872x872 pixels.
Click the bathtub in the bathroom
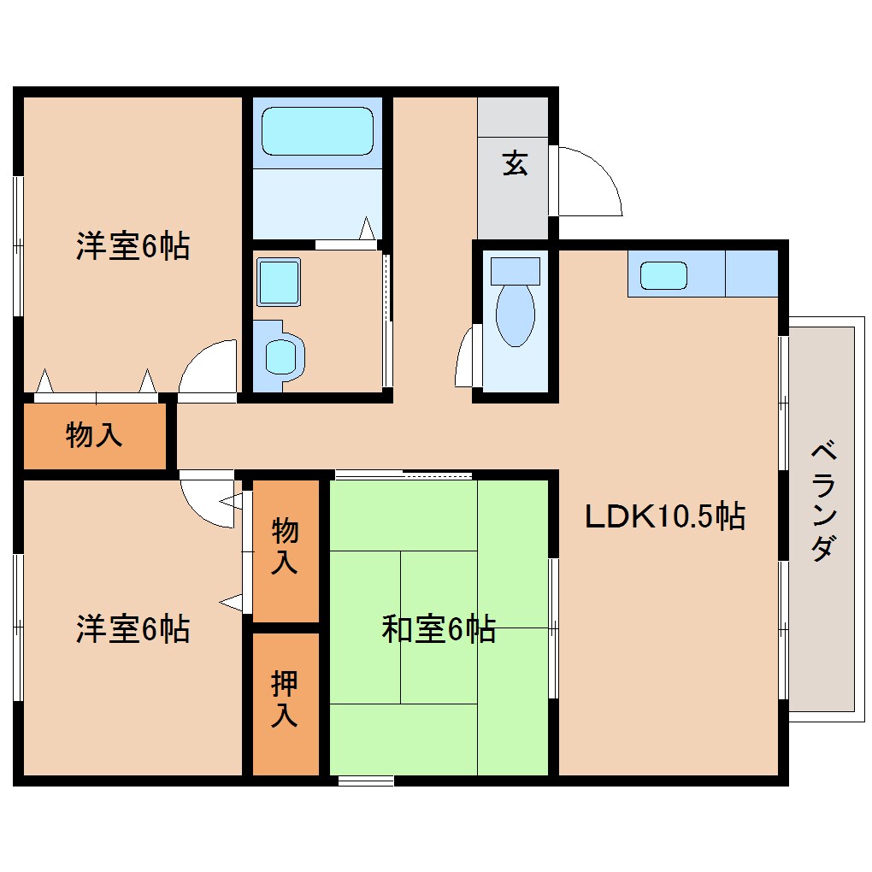coord(317,131)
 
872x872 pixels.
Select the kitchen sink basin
coord(663,274)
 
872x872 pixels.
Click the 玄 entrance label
coord(514,162)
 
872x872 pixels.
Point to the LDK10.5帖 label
coord(664,516)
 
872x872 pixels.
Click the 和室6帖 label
coord(438,630)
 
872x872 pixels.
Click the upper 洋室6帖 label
coord(133,247)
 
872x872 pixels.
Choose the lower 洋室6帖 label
coord(133,630)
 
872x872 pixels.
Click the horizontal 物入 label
coord(94,435)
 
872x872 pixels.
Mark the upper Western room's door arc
coord(208,369)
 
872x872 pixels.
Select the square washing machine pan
coord(279,282)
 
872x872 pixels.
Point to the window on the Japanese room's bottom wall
coord(366,780)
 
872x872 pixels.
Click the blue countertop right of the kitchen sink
coord(751,274)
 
